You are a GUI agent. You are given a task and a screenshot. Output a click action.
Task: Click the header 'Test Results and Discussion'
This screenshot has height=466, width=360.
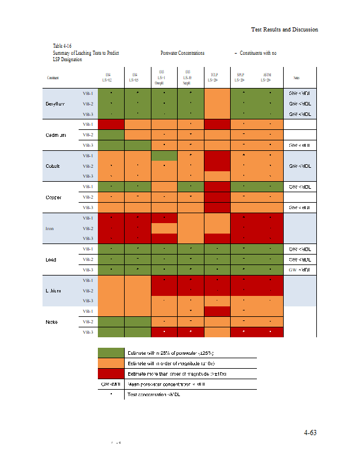coord(284,30)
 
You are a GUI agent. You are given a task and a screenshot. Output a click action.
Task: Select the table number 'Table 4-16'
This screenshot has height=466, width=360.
coord(62,45)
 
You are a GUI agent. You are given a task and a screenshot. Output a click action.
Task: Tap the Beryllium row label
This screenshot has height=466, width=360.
coord(58,103)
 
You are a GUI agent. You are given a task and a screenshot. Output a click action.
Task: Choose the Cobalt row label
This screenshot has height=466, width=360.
coord(54,165)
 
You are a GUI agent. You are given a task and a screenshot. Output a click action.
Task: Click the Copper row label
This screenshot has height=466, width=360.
coord(55,197)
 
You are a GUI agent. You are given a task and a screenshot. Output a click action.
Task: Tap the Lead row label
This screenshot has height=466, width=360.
coord(52,259)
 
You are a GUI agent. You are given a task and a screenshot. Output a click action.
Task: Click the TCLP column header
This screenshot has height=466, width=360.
coord(215,77)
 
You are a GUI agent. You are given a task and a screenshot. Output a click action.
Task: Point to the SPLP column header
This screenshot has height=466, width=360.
coord(241,77)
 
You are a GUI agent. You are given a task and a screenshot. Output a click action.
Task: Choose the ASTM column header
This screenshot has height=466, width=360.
coord(267,77)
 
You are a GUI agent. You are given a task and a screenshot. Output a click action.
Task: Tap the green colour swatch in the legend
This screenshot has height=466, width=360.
coord(111,353)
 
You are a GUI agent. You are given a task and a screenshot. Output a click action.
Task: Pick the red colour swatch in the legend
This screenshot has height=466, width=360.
coord(111,373)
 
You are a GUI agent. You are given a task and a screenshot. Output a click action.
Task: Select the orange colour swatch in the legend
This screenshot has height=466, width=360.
coord(111,363)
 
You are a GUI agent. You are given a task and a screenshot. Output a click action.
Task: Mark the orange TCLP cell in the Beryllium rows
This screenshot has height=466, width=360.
coord(216,103)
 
